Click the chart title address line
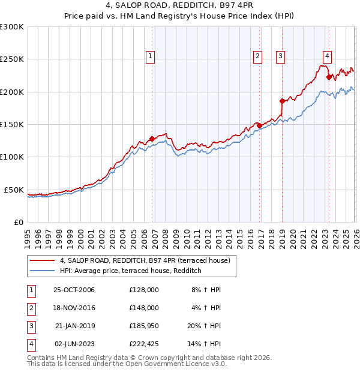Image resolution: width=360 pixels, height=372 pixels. coord(180,5)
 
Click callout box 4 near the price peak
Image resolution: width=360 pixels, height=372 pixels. coord(327,56)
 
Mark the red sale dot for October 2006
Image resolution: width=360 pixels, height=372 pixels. coord(152,139)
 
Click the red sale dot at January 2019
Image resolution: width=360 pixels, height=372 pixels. coord(281,101)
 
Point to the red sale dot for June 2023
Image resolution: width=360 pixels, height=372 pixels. coord(328,77)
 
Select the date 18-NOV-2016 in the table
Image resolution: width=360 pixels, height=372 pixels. coord(74,308)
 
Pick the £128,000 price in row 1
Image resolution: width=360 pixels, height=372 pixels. coord(143,290)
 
